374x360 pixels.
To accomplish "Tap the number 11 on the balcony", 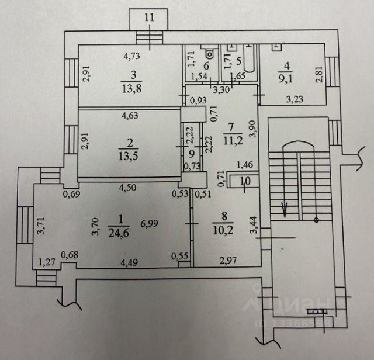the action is point(150,17).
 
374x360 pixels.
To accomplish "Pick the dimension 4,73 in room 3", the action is point(131,57).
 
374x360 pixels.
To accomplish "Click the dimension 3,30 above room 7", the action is point(220,90).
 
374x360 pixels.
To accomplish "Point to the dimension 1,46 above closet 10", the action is point(241,167).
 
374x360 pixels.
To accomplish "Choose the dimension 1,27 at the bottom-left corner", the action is point(46,262).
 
